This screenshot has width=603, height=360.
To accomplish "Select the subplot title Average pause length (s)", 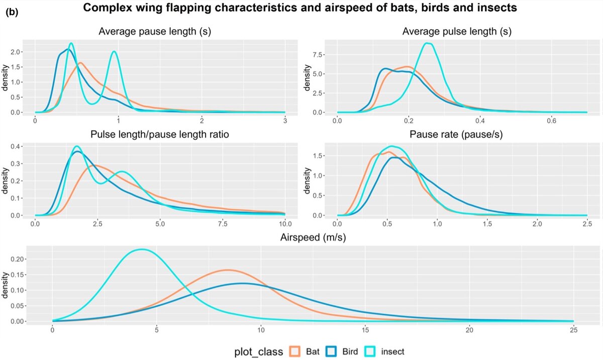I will point(155,32).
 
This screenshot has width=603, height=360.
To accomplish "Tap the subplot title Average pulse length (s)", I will point(457,32).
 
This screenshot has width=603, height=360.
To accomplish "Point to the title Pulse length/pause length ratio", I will point(154,135).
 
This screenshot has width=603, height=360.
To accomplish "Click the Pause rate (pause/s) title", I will point(457,135).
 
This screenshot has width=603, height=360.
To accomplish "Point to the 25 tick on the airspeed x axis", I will point(573,330).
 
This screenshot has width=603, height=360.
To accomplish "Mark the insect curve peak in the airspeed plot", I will point(143,249).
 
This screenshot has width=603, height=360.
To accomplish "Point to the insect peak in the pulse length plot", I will point(428,43).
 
